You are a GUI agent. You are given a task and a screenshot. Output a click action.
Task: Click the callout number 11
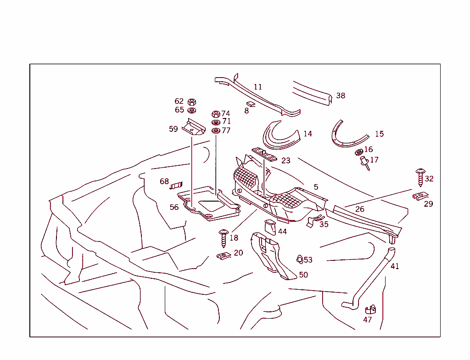[258, 87]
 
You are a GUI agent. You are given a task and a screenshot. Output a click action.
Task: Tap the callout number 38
[341, 96]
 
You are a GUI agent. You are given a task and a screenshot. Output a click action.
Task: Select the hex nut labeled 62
[192, 102]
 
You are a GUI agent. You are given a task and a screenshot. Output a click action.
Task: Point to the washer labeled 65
[192, 110]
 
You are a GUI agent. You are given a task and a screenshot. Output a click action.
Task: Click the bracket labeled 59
[193, 127]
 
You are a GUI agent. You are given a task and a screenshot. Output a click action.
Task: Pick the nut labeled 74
[216, 114]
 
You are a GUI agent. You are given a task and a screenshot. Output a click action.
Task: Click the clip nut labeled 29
[420, 197]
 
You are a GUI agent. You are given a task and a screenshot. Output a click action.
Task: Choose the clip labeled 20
[223, 256]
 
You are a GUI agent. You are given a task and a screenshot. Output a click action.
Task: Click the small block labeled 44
[270, 227]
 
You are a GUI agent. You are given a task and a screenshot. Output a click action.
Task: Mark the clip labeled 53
[299, 260]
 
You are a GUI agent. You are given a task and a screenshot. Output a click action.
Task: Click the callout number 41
[395, 266]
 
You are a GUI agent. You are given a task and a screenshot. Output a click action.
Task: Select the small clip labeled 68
[176, 185]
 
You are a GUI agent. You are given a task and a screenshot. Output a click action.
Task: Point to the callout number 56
[174, 207]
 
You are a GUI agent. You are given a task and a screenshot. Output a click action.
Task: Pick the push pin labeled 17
[365, 163]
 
